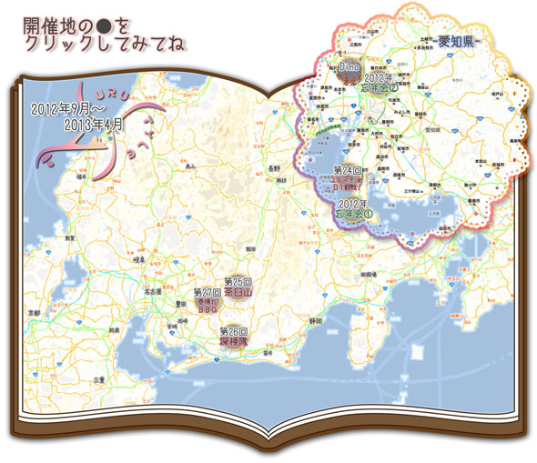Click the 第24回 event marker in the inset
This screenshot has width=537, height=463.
[350, 177]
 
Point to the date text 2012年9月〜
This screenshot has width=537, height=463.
[63, 108]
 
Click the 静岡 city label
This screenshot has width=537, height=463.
[315, 321]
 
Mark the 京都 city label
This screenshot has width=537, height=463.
[34, 312]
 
